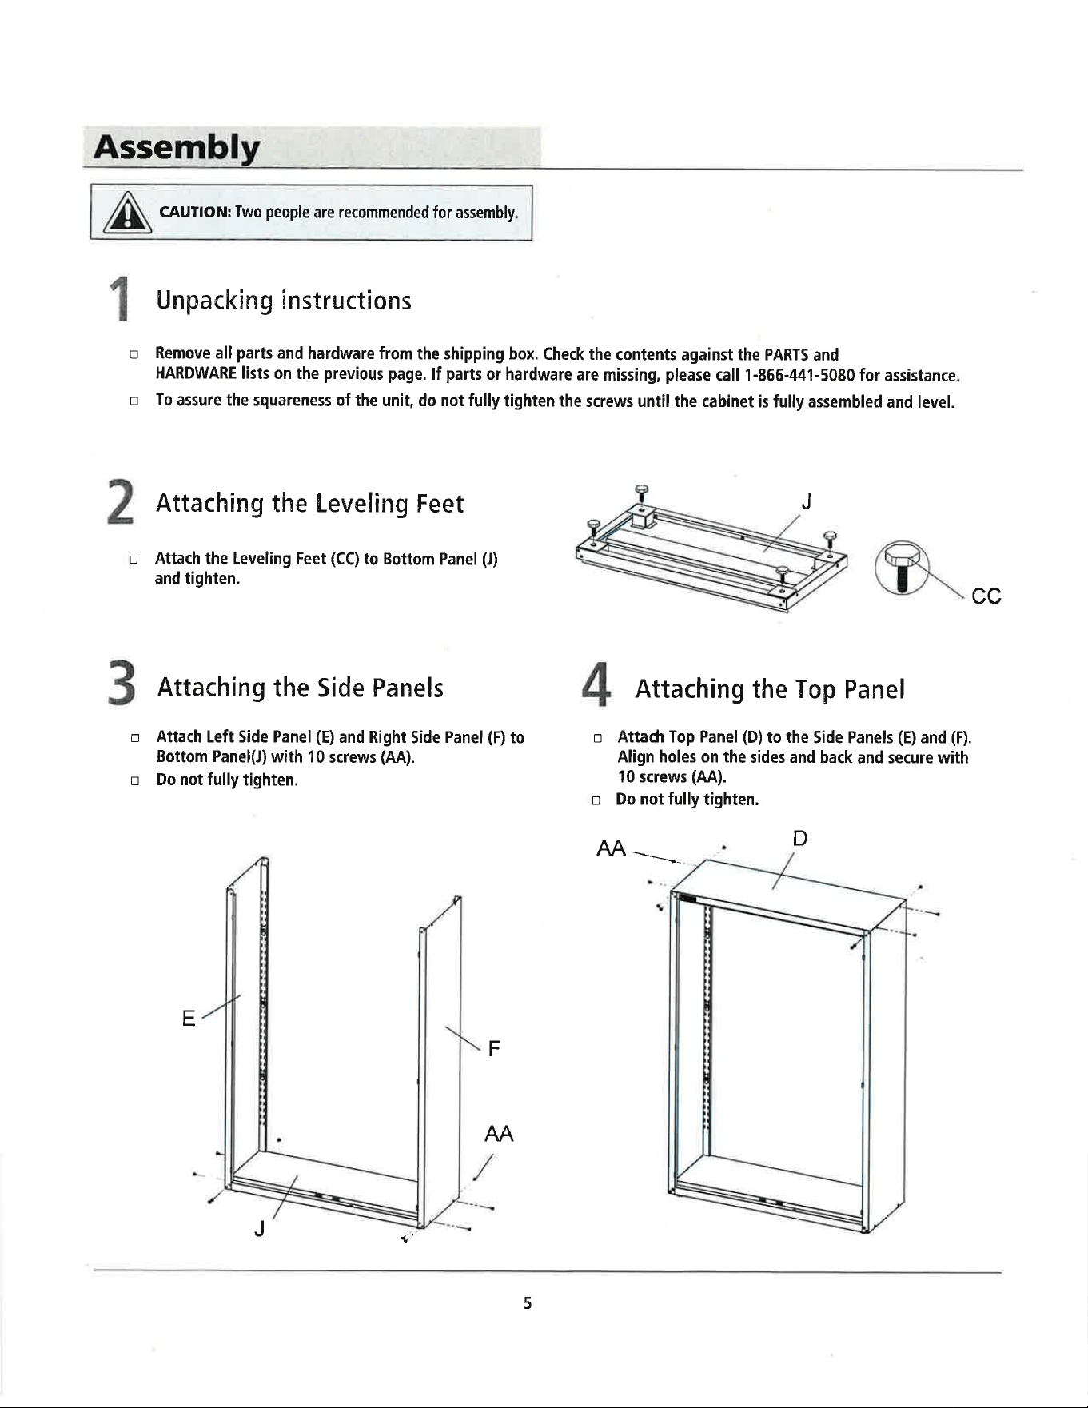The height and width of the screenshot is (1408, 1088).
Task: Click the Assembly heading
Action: (177, 150)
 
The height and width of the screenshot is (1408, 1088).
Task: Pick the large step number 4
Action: (596, 685)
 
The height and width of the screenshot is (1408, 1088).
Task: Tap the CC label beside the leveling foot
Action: (986, 596)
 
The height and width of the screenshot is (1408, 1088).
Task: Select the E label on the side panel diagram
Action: (189, 1018)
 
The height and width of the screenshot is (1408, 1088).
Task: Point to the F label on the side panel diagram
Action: (494, 1048)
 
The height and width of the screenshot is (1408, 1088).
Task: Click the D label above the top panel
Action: (799, 838)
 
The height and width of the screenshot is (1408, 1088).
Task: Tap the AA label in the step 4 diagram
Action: (612, 848)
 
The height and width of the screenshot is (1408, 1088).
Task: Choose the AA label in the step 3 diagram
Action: (499, 1134)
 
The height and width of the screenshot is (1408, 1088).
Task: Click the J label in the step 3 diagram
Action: (258, 1230)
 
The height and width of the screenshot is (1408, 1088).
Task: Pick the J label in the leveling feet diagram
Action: (807, 501)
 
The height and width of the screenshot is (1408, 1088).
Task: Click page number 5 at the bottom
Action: (528, 1303)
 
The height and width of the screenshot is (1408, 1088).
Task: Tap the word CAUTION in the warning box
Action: (196, 213)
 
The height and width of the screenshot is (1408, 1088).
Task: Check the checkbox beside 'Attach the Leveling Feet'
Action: (134, 559)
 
